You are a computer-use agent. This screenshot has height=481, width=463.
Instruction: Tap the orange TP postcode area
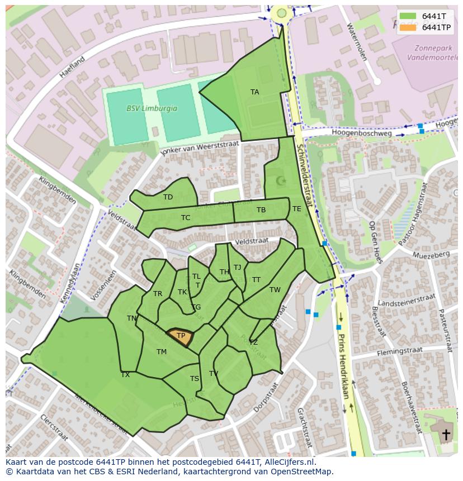click(x=181, y=337)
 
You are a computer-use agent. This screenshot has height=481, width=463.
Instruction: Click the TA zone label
click(x=254, y=92)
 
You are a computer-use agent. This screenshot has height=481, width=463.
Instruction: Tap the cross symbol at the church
click(x=446, y=434)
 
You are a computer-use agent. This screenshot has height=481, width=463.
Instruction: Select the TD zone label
click(x=168, y=197)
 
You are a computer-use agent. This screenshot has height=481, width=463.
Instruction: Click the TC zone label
click(x=186, y=218)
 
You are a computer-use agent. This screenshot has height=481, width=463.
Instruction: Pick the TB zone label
click(x=261, y=210)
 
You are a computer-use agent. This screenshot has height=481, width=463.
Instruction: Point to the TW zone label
click(x=275, y=290)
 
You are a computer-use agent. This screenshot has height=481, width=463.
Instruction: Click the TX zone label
click(x=125, y=375)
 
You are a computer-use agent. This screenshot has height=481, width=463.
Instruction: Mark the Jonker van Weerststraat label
click(x=200, y=149)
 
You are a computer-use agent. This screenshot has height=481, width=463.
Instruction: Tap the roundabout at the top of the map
click(x=282, y=13)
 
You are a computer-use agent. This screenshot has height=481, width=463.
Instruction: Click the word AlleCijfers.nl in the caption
click(x=289, y=462)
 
